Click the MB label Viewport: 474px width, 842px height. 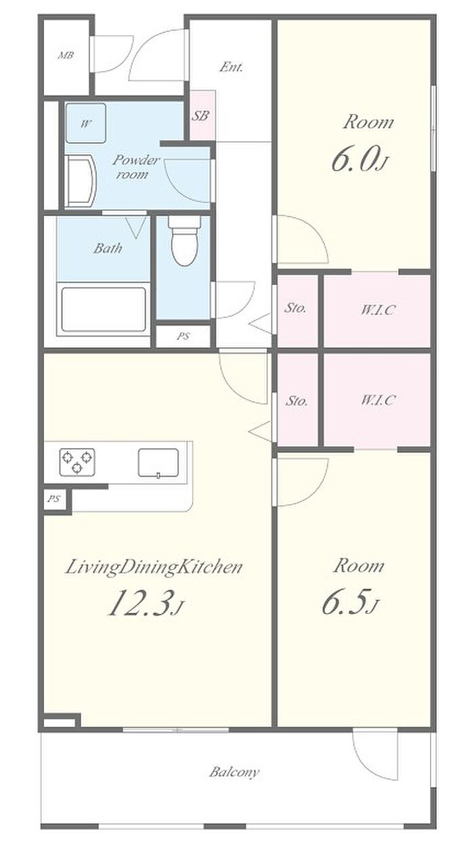pyautogui.click(x=66, y=56)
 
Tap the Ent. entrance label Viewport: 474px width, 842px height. pyautogui.click(x=231, y=67)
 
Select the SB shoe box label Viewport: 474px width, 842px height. pyautogui.click(x=200, y=115)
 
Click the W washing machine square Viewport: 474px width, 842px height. pyautogui.click(x=86, y=123)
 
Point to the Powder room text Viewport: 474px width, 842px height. pyautogui.click(x=135, y=167)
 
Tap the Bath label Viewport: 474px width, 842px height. pyautogui.click(x=108, y=248)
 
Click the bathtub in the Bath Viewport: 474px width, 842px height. pyautogui.click(x=104, y=309)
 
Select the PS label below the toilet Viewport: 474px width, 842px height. pyautogui.click(x=184, y=336)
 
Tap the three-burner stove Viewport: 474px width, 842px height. pyautogui.click(x=77, y=462)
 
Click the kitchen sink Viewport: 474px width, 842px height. pyautogui.click(x=158, y=463)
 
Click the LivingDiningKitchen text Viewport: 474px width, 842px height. pyautogui.click(x=154, y=567)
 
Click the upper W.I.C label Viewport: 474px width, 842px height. pyautogui.click(x=378, y=310)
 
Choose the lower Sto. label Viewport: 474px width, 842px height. pyautogui.click(x=297, y=401)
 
